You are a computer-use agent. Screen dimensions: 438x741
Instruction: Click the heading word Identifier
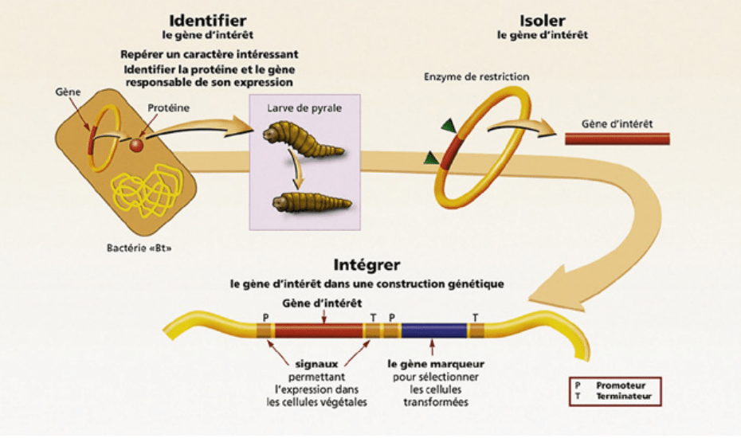tap(208, 20)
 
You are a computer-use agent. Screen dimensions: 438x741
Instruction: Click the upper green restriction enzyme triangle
tap(450, 124)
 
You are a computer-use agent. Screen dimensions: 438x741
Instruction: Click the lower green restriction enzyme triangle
tap(431, 156)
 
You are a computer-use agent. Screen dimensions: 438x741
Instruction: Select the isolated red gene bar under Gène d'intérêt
tap(617, 139)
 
